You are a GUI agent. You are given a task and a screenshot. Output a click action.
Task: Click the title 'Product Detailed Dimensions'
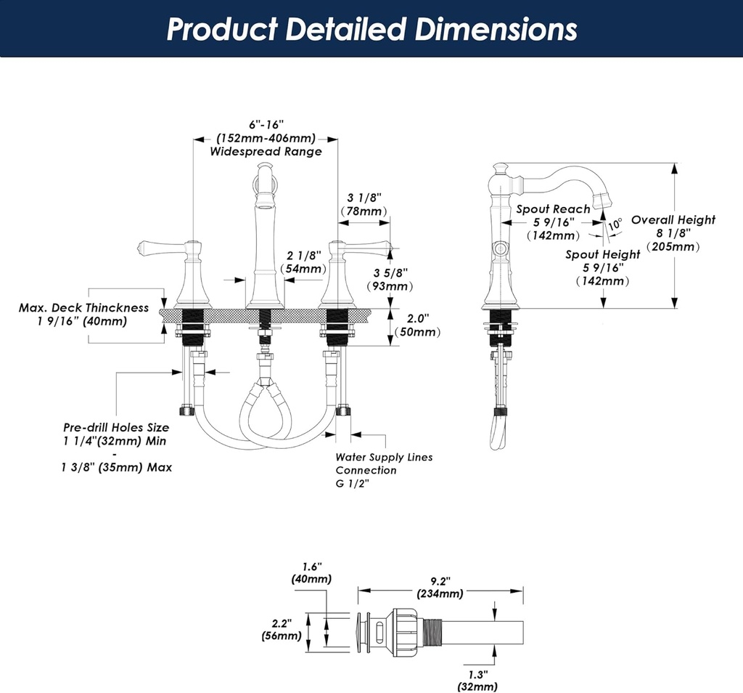371,29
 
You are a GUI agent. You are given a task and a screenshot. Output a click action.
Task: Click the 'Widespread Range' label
266,152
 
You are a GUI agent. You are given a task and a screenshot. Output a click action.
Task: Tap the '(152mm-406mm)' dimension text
266,138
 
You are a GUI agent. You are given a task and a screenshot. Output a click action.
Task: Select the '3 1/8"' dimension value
364,197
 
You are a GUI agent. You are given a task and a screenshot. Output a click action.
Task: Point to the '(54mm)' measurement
303,269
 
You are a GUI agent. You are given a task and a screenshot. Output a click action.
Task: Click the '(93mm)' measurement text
390,286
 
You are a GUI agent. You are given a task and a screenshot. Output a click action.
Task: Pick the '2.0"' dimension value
418,318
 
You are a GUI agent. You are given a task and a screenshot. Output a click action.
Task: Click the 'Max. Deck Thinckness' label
83,308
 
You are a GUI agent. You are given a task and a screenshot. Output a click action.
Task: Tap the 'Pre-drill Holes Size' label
116,427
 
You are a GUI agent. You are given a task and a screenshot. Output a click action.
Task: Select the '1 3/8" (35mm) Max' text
117,467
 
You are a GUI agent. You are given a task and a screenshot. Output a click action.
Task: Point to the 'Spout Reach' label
553,209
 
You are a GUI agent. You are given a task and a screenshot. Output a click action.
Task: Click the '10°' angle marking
615,224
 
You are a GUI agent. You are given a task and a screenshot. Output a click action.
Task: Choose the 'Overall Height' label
673,219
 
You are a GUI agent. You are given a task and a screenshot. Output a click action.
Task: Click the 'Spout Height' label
603,254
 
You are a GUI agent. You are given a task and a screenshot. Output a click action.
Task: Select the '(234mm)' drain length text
440,593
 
